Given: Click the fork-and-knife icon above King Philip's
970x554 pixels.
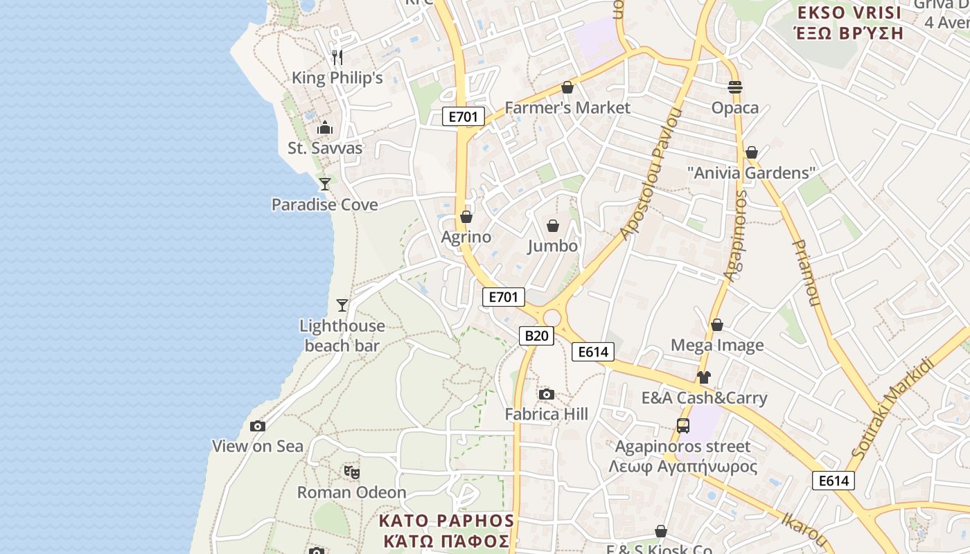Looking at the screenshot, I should pos(337,57).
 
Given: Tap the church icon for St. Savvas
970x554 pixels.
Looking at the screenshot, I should pos(325,127).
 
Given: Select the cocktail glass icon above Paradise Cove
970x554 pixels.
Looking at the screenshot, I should pos(324,184).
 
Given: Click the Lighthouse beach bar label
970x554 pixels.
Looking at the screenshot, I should pos(342,335).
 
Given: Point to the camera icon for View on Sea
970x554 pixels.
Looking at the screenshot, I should pos(258,426).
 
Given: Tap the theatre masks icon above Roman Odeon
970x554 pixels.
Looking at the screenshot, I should pos(352,472).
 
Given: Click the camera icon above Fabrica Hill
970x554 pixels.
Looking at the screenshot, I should pos(547,394).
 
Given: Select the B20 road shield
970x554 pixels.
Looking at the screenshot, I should pos(536,336).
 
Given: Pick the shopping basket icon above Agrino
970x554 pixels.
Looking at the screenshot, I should pos(466,217).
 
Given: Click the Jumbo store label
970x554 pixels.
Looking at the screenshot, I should pos(552,246).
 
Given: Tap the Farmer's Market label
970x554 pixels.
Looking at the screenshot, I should pos(567,107).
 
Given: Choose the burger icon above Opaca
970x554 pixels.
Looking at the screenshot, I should pos(735,87).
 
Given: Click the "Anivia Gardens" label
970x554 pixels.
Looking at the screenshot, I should pos(752,172).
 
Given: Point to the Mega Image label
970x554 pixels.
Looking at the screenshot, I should pos(717,345).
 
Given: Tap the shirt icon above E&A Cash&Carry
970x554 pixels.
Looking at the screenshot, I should pos(704,377).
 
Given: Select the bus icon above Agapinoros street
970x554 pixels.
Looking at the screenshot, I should pos(683,426).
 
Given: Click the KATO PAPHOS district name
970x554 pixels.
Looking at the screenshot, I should pos(446,530).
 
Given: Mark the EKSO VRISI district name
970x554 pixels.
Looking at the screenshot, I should pos(849,22).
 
